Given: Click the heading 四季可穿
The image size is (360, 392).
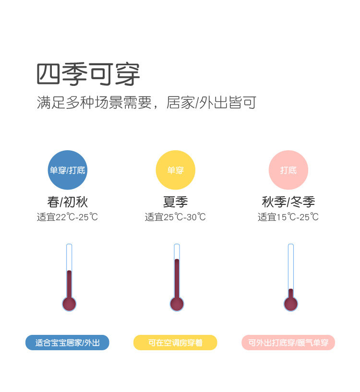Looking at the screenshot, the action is click(88, 74).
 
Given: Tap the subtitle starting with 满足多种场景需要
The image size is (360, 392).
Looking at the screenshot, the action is click(146, 103).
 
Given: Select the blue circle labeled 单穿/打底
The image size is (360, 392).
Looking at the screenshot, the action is click(68, 170).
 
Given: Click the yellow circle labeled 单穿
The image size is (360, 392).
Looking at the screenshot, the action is click(175, 170).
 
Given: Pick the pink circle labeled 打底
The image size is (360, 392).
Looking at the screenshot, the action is click(288, 170).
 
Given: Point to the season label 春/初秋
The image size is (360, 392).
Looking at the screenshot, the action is click(68, 202).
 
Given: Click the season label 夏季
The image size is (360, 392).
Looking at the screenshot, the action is click(175, 202).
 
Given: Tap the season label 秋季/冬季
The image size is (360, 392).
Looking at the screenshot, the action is click(288, 202).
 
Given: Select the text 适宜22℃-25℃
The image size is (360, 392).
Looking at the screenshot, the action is click(68, 217).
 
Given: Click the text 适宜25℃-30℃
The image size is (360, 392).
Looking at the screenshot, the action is click(175, 217).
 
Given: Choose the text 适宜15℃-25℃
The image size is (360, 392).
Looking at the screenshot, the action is click(288, 217).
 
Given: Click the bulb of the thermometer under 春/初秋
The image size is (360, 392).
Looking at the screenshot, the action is click(69, 303).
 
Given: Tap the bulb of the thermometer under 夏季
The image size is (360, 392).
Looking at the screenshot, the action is click(177, 303).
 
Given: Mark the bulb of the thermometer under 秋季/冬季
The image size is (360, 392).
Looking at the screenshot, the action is click(290, 303).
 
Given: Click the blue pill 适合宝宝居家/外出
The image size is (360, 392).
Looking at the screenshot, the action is click(67, 343).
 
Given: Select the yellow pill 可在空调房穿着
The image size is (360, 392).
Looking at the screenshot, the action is click(175, 343).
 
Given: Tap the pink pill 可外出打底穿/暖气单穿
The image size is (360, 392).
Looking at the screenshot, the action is click(288, 343).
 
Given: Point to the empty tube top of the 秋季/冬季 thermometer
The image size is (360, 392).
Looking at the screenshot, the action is click(290, 264).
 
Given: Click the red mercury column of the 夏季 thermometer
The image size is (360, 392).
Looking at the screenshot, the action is click(177, 278).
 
